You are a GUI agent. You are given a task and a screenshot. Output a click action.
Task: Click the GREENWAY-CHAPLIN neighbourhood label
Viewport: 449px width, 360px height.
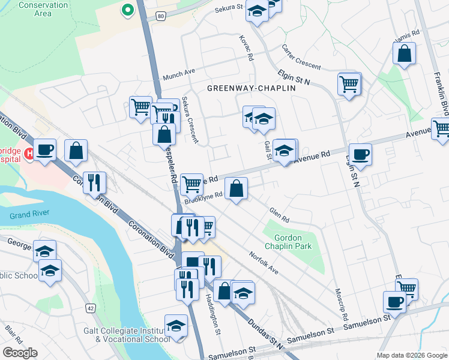click(x=252, y=88)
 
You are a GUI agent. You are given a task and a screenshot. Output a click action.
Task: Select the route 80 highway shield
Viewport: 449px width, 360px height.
click(x=160, y=17)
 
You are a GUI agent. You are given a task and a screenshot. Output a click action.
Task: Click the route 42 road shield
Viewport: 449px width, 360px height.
click(x=91, y=308)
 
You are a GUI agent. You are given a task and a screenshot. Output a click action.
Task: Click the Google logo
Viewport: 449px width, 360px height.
click(x=20, y=353)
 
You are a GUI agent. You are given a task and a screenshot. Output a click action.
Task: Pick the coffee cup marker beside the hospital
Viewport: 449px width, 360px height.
click(x=44, y=149)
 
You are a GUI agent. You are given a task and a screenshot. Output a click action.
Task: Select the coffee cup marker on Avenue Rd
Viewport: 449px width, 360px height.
click(x=360, y=154)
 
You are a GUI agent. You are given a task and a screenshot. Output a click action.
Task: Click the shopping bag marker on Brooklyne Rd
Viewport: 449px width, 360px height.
click(x=237, y=188)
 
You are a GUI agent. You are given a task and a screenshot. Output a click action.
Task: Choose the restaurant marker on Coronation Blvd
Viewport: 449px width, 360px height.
click(x=94, y=182)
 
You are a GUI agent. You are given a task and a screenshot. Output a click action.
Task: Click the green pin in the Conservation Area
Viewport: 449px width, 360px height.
click(x=127, y=10)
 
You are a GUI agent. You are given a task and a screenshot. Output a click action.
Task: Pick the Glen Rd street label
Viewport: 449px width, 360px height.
click(x=279, y=215)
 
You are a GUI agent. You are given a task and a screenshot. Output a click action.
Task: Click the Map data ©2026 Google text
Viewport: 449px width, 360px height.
click(x=411, y=355)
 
